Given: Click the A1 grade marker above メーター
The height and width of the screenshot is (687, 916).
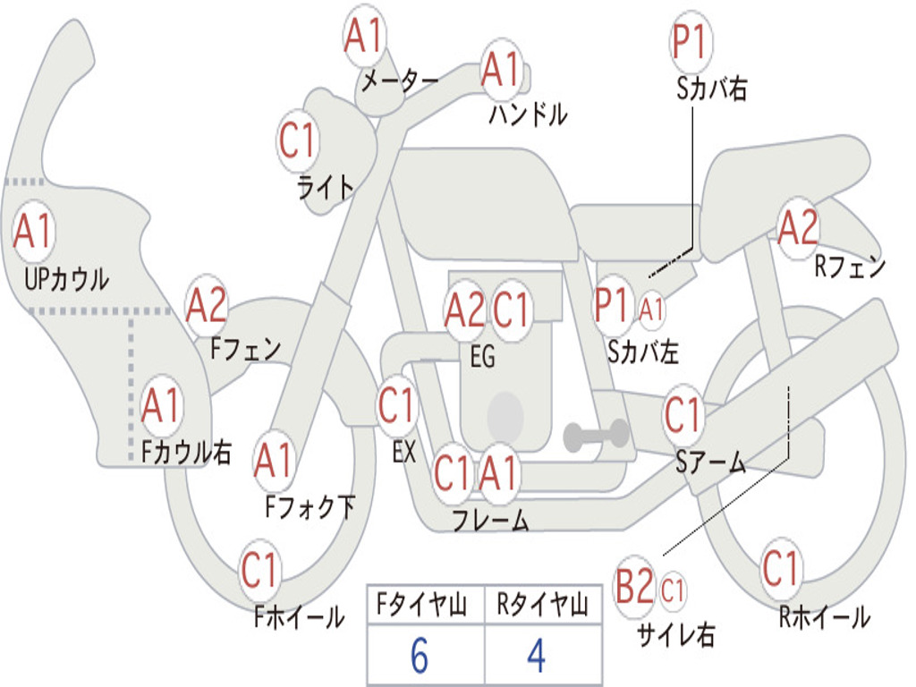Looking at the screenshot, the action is pos(364,35).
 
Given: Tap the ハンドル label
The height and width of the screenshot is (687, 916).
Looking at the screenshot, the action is pos(528,114).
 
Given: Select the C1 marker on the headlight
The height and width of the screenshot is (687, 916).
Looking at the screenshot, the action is pos(298,140).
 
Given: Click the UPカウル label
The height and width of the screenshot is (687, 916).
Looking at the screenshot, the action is pos(66,279).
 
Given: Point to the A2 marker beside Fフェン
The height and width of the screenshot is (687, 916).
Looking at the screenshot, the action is pos(207,305).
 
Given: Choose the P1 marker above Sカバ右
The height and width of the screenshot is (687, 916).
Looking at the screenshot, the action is pos(691,42).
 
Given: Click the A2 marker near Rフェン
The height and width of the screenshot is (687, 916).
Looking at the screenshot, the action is pos(799,228).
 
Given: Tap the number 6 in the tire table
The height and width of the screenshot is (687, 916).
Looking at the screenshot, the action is pos(420,656).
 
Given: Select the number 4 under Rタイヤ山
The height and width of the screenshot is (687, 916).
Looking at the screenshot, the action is pos(537,656).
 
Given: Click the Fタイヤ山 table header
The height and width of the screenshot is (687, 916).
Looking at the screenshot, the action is pos(422,604).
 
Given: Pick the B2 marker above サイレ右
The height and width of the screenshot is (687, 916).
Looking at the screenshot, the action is pos(634,586).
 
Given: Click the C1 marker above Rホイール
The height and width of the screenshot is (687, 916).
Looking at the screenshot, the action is pos(780,567).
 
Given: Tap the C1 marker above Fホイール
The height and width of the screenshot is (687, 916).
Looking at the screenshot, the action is pos(259,570).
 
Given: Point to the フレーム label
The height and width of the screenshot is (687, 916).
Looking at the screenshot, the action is pos(491,520).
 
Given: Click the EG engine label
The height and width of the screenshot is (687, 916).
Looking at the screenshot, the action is pos(482,356).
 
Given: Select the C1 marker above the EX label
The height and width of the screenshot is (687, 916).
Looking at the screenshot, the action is pos(396,405).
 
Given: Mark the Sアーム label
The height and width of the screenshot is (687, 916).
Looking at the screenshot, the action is pos(711,462).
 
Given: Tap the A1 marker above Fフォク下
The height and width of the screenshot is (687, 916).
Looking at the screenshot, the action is pos(274,461).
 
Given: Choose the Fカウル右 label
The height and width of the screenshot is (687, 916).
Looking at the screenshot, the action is pos(186,452).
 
